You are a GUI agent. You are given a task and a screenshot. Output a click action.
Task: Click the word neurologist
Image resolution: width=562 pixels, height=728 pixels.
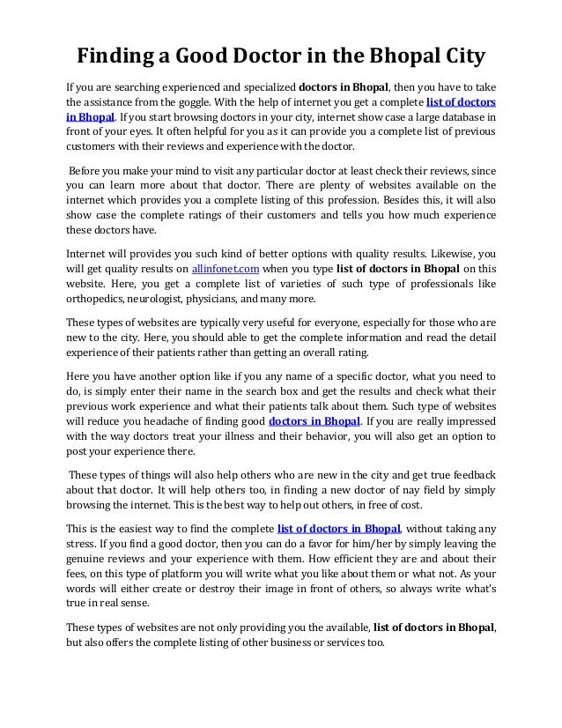[164, 300]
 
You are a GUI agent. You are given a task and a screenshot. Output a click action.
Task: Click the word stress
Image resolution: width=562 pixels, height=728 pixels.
[84, 543]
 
